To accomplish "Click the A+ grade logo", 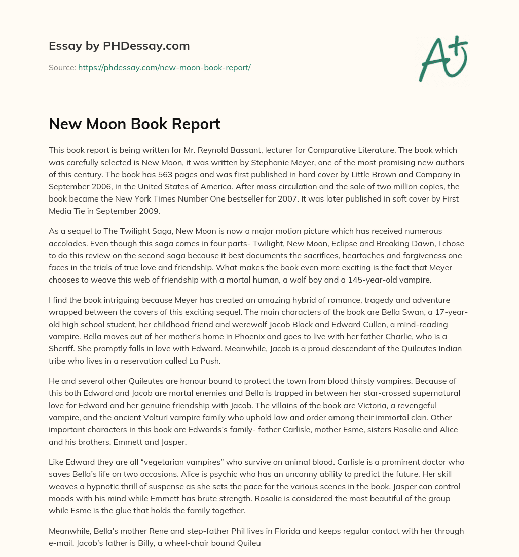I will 443,59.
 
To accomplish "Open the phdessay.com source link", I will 164,67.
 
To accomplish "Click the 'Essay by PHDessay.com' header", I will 119,46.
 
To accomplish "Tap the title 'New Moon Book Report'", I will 134,124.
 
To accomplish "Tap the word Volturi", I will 144,418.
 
